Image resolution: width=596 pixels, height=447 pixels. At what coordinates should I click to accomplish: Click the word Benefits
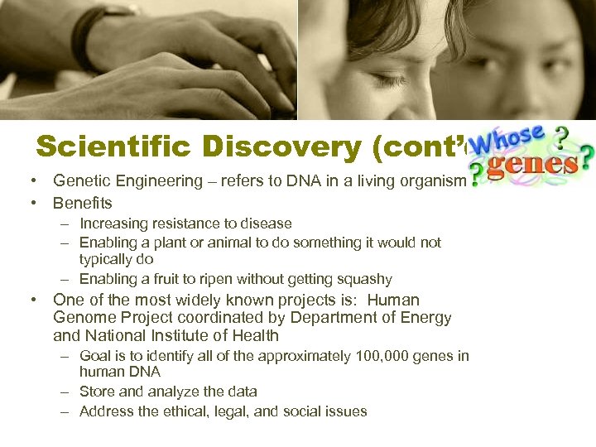[x=82, y=203]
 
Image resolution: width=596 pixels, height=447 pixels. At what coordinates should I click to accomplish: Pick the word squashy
[x=363, y=279]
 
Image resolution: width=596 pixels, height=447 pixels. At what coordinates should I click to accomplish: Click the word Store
[x=97, y=392]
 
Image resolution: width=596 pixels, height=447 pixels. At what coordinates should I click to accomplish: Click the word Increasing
[x=112, y=223]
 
